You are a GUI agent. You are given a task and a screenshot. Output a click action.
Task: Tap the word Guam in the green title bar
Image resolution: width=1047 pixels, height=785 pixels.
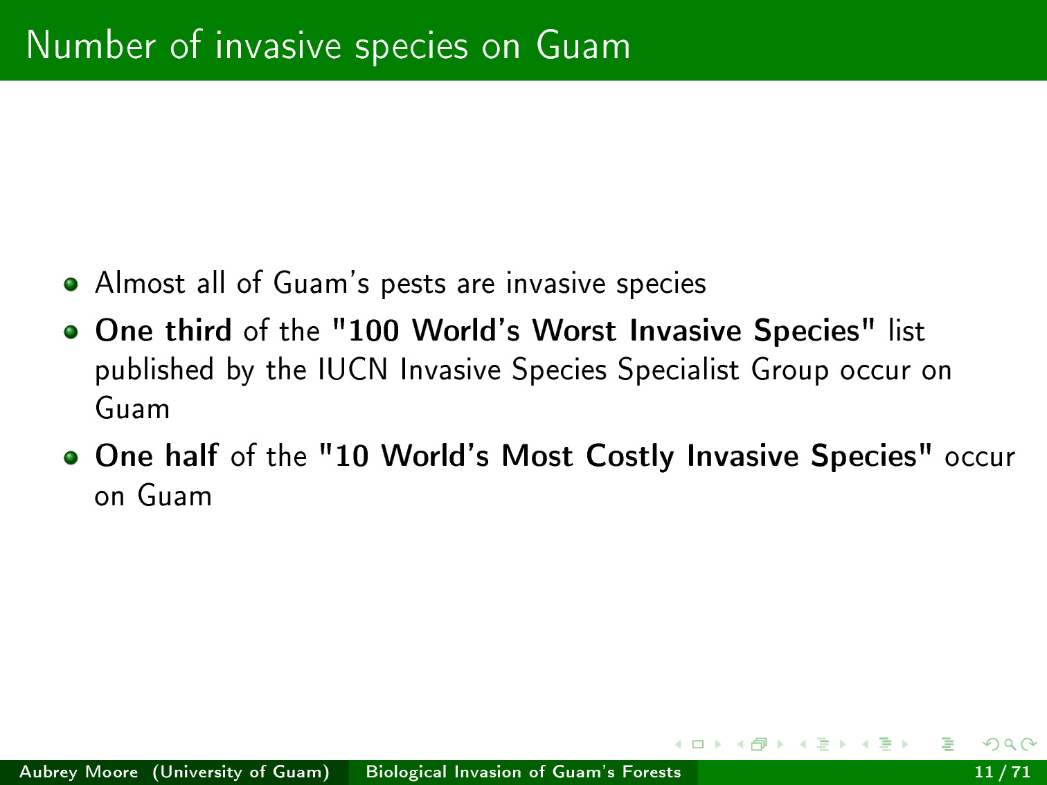[x=583, y=46]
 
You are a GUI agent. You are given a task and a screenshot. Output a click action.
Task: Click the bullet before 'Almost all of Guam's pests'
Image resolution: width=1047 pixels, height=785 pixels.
[x=71, y=285]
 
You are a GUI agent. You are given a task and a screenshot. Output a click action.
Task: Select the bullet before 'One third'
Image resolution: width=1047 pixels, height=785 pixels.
[x=71, y=332]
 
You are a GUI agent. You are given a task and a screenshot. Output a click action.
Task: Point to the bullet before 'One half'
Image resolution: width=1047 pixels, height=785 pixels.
[x=71, y=458]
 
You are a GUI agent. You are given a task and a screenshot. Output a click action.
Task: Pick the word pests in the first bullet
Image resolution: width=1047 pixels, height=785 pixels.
[x=413, y=284]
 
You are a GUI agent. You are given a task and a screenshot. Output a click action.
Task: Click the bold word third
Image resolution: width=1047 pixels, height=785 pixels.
[x=198, y=330]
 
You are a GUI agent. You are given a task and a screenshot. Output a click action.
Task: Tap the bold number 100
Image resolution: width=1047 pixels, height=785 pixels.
[x=373, y=330]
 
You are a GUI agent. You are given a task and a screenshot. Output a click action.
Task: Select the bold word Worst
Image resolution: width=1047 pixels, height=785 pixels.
[x=574, y=330]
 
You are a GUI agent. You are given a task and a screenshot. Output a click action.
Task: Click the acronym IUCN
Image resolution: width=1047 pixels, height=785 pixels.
[x=352, y=370]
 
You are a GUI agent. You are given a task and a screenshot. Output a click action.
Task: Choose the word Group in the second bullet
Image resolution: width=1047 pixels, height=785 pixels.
[x=789, y=371]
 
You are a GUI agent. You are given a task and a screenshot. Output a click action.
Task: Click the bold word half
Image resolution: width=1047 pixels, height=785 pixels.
[x=191, y=455]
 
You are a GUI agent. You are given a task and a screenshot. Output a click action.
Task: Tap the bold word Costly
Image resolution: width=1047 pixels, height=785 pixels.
[x=629, y=457]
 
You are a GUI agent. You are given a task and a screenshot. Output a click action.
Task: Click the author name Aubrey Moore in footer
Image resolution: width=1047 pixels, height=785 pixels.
[x=79, y=772]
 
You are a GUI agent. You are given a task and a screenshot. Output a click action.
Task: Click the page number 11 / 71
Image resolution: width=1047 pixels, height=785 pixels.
[x=1002, y=772]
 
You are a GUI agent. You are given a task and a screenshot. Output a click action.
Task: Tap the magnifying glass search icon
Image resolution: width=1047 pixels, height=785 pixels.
[x=1010, y=744]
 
